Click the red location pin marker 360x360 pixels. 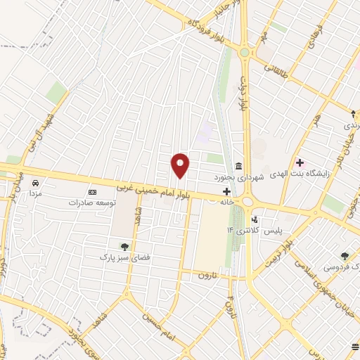[x=181, y=165]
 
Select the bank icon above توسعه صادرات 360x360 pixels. [x=91, y=192]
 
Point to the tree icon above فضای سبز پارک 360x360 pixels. [x=124, y=246]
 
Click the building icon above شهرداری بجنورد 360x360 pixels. [x=239, y=167]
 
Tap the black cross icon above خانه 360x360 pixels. [x=226, y=191]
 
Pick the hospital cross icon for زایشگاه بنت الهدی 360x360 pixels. [x=300, y=162]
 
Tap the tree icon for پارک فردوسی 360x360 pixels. [x=345, y=257]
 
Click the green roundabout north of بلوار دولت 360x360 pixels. [x=245, y=52]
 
